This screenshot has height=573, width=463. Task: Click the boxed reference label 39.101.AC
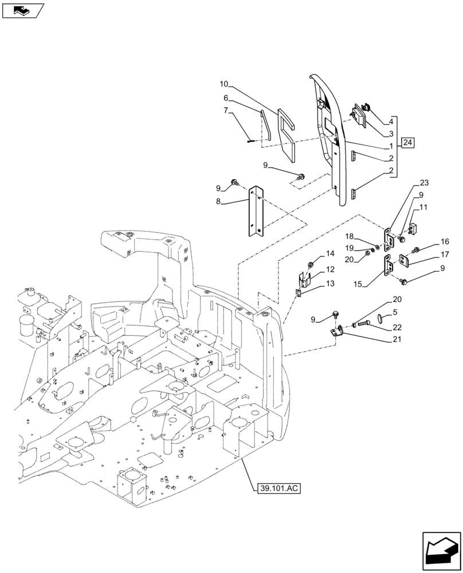pos(275,488)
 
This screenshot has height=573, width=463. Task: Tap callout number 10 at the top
pos(223,84)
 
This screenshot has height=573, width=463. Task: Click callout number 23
pos(423,183)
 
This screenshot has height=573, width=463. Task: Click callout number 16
pos(445,242)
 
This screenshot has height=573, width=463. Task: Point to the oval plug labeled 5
pos(378,318)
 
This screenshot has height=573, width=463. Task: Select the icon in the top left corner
pos(23,10)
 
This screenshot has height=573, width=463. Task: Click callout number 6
pos(226,97)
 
